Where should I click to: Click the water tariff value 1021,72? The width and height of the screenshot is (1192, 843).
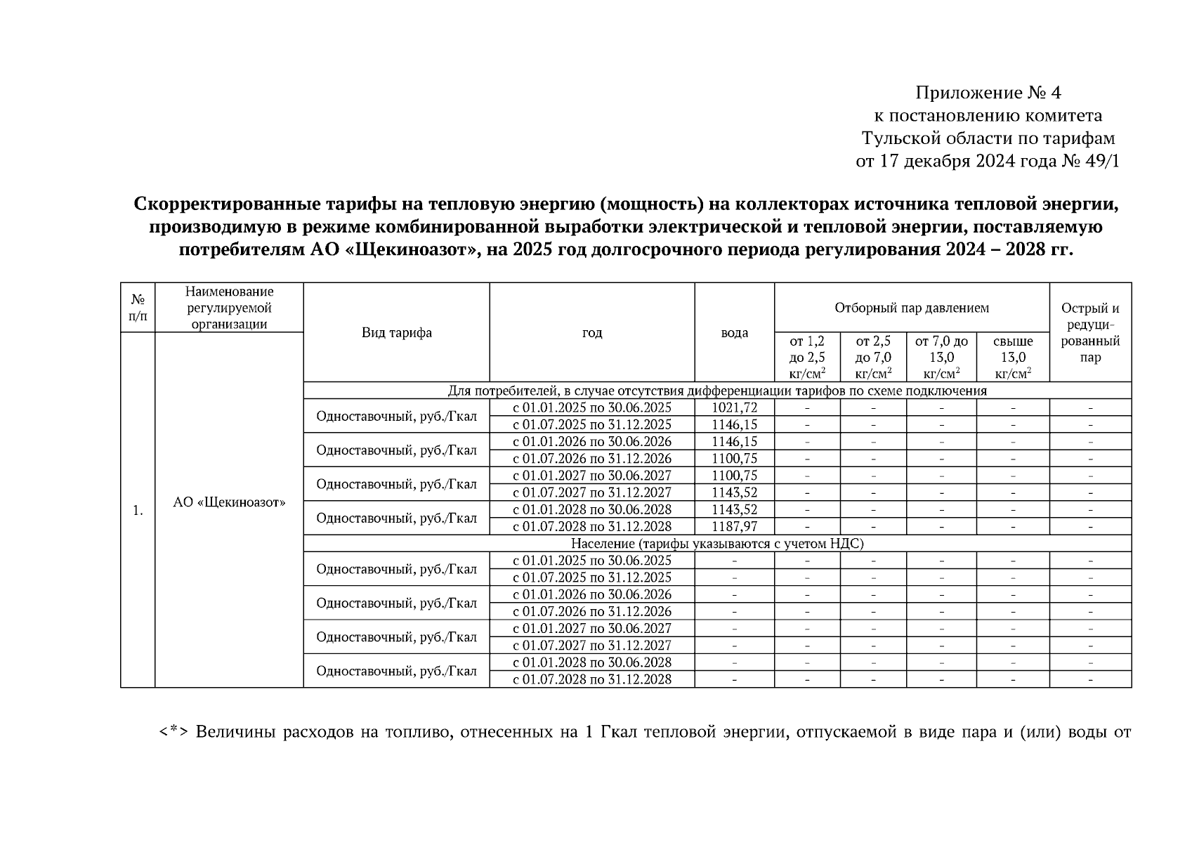coord(734,407)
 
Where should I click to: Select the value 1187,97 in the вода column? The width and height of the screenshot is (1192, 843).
coord(734,526)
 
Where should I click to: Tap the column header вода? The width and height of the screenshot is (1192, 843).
coord(734,333)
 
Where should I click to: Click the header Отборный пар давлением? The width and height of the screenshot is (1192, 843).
coord(911,308)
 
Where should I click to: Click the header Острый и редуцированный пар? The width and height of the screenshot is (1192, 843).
coord(1089,332)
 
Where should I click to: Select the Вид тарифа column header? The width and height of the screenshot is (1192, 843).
coord(396,333)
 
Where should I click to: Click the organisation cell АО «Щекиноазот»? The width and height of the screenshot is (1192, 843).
coord(229,503)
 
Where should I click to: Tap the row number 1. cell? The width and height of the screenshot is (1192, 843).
coord(138,511)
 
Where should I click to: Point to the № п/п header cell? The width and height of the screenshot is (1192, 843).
coord(138,308)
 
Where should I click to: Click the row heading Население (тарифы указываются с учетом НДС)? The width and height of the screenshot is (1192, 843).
coord(716,543)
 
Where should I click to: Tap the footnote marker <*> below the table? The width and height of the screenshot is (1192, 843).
coord(173,733)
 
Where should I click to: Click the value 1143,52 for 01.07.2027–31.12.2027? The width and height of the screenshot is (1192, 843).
coord(734,492)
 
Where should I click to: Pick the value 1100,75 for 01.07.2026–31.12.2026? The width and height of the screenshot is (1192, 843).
coord(734,459)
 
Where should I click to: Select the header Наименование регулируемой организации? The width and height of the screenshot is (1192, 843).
coord(229,308)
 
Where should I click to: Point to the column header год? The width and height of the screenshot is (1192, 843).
coord(591,333)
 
